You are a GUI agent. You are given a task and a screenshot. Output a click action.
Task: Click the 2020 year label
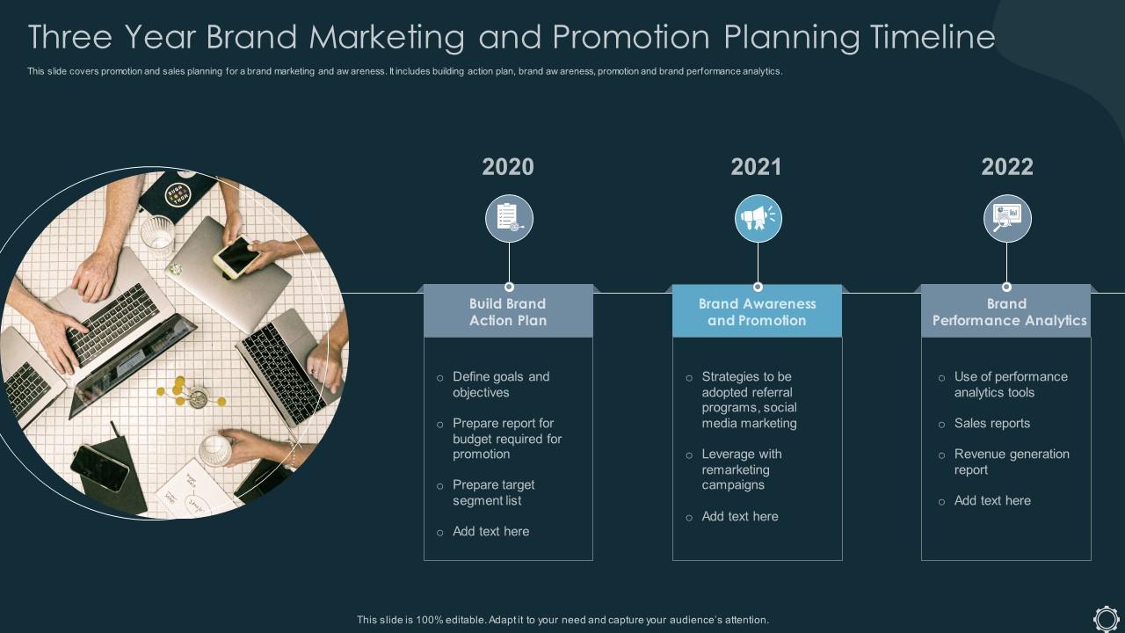point(508,167)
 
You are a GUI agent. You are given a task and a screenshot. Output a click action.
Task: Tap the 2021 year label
point(757,167)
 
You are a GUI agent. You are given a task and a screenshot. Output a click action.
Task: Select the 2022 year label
point(1007,167)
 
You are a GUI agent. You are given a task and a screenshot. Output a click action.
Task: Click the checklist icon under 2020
point(509,219)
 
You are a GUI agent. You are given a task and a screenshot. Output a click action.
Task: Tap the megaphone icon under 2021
point(758,219)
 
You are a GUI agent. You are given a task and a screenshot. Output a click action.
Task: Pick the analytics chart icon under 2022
point(1007,219)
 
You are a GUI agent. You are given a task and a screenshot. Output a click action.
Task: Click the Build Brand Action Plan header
point(508,312)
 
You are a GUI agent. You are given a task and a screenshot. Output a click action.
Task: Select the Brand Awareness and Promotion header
point(757,312)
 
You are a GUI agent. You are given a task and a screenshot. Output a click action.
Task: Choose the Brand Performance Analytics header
point(1007,312)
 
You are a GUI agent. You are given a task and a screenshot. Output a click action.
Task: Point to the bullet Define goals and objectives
point(501,384)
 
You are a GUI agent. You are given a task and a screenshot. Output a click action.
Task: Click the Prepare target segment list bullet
point(493,492)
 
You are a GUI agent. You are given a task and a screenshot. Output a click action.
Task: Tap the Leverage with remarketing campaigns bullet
point(741,469)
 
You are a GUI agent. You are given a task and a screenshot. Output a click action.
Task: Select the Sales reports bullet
point(991,423)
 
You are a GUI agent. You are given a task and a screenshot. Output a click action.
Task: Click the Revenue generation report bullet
point(1011,462)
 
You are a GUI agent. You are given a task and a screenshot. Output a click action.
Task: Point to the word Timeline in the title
point(933,37)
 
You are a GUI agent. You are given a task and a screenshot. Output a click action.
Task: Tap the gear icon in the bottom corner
point(1106,617)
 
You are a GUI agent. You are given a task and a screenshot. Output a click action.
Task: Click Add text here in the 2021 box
point(739,516)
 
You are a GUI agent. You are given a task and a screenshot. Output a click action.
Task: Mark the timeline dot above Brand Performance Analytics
point(1006,287)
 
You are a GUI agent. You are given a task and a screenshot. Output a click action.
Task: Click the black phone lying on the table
point(99,467)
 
